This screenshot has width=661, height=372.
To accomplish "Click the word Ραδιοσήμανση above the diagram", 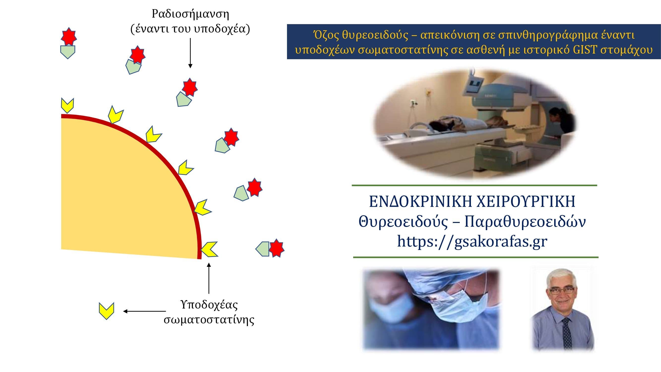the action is point(190,14).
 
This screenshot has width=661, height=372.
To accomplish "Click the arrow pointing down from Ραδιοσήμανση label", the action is point(190,53).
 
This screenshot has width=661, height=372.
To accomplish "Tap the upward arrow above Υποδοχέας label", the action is point(209,278).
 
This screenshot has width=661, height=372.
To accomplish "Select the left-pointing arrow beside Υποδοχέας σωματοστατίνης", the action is point(144,311).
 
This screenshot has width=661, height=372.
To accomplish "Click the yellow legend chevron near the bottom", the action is point(106,311).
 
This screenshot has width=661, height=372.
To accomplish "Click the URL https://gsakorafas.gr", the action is point(472,242).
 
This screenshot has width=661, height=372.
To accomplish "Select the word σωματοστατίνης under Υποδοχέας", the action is point(209,320).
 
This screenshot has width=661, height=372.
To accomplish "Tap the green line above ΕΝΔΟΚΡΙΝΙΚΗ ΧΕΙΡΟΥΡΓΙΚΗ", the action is point(474,185).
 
